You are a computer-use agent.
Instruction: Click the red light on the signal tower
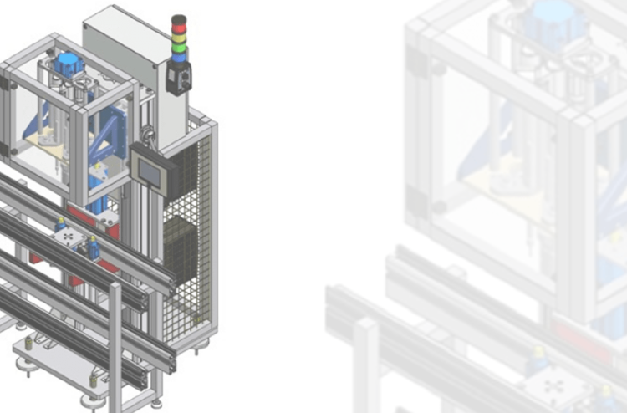(x=179, y=25)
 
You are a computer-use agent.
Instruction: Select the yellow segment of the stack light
(x=179, y=36)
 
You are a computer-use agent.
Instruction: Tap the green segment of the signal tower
(x=179, y=46)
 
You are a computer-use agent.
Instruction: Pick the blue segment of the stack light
(x=179, y=57)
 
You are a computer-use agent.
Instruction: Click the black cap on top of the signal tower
(x=179, y=17)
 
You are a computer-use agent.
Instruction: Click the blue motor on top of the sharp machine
(x=68, y=62)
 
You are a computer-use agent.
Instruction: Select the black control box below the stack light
(x=178, y=79)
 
